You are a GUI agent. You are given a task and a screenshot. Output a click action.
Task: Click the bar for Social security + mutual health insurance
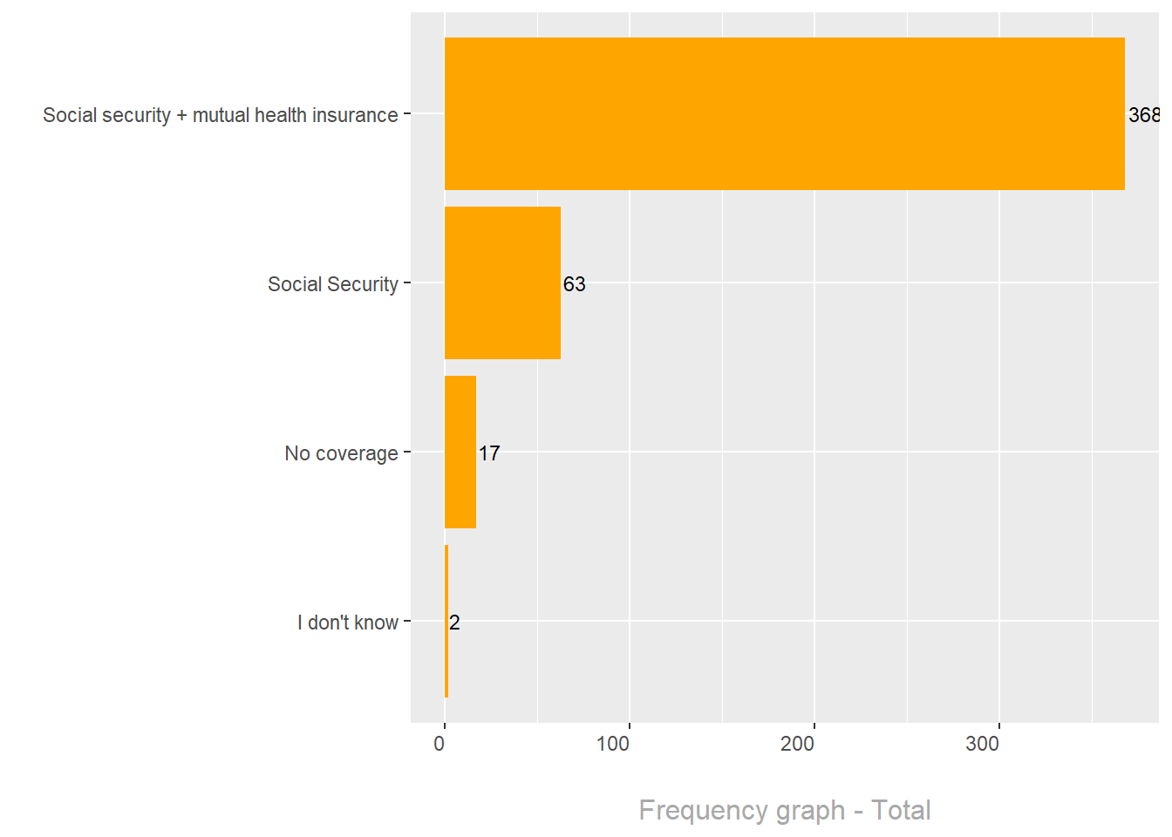tap(784, 113)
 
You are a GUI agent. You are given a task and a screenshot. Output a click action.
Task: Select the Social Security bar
tap(502, 282)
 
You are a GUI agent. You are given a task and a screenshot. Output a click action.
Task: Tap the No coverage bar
tap(460, 452)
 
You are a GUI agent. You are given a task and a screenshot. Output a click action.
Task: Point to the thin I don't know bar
tap(446, 621)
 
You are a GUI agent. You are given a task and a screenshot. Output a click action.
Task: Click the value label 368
tap(1143, 115)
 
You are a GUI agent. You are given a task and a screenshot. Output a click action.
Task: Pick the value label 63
tap(575, 284)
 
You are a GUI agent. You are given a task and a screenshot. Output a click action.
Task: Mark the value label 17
tap(489, 453)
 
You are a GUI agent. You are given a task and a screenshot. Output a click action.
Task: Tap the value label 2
tap(454, 623)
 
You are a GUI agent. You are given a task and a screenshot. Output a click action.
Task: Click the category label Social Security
tap(332, 284)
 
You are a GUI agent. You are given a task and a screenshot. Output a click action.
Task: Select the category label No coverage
tap(341, 453)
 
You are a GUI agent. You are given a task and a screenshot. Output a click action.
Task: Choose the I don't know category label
tap(347, 623)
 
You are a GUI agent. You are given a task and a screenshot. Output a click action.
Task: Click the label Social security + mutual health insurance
tap(220, 115)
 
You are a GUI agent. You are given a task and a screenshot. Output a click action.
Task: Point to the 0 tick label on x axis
tap(439, 744)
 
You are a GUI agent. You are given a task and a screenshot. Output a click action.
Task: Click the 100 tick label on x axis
tap(613, 744)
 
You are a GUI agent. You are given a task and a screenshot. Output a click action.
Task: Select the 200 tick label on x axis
tap(798, 744)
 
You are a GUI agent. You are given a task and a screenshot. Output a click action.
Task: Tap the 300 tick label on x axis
tap(983, 744)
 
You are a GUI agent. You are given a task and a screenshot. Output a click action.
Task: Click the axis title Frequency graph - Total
tap(785, 810)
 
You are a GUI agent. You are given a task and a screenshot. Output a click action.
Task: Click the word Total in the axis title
tap(902, 810)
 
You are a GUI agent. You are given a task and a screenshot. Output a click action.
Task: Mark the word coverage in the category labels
tap(357, 454)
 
